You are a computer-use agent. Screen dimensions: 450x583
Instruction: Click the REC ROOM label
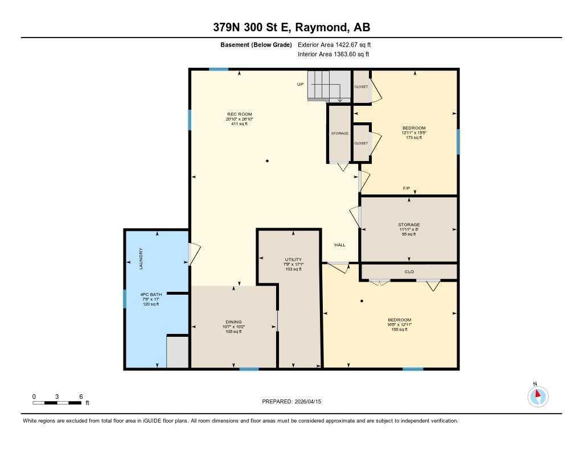pyautogui.click(x=239, y=114)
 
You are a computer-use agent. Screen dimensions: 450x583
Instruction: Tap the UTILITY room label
pyautogui.click(x=294, y=259)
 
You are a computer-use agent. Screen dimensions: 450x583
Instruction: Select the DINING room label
pyautogui.click(x=233, y=321)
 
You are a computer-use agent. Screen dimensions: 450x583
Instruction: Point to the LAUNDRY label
pyautogui.click(x=141, y=259)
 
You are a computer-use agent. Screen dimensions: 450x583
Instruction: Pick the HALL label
pyautogui.click(x=340, y=245)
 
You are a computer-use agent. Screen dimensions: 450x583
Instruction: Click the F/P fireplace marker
pyautogui.click(x=407, y=188)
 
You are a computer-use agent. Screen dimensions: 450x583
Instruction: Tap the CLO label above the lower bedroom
pyautogui.click(x=409, y=272)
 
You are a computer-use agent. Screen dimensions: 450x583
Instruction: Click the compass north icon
pyautogui.click(x=538, y=396)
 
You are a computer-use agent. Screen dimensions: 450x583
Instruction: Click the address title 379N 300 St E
pyautogui.click(x=291, y=28)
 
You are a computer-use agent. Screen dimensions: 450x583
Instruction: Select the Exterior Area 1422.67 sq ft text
pyautogui.click(x=334, y=44)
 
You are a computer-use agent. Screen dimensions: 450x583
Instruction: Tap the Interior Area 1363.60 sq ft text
pyautogui.click(x=334, y=55)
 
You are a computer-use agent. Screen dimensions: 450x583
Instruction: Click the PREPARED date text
pyautogui.click(x=291, y=402)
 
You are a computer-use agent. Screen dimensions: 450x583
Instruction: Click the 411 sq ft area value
pyautogui.click(x=239, y=124)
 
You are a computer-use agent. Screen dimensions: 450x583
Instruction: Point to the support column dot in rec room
pyautogui.click(x=267, y=161)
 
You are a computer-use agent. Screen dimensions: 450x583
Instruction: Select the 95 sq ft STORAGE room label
pyautogui.click(x=409, y=225)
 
